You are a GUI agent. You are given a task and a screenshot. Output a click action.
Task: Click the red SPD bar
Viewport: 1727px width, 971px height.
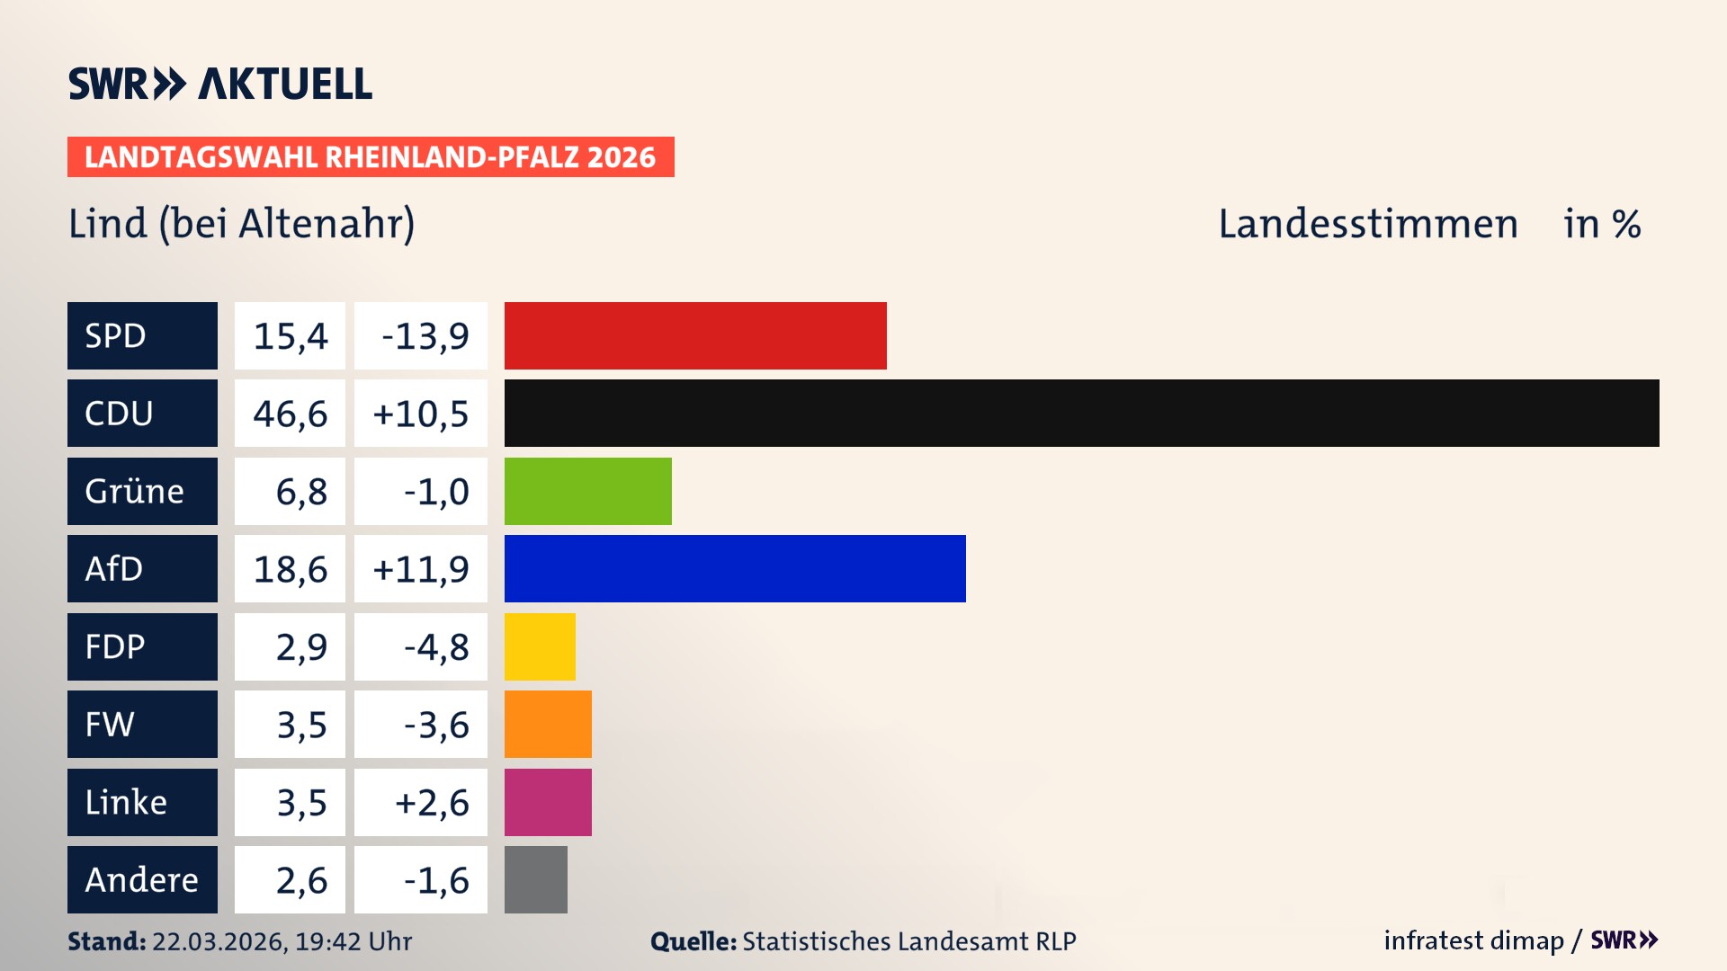[695, 335]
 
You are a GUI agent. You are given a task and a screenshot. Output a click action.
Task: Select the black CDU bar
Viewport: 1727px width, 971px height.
[1081, 413]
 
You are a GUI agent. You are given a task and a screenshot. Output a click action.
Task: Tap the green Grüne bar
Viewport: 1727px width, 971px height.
[587, 491]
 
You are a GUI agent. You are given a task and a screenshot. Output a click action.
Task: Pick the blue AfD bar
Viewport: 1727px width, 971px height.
[735, 568]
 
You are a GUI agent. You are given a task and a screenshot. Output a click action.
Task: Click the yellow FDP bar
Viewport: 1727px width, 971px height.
[540, 646]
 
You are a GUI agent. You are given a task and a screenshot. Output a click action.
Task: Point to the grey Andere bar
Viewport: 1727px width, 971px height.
[536, 879]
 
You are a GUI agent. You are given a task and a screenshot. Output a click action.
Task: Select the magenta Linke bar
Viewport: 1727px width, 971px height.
[548, 802]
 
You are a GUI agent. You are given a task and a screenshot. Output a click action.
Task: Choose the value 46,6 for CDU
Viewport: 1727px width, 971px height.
[290, 414]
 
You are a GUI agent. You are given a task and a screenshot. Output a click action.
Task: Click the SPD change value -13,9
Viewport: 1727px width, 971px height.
[425, 336]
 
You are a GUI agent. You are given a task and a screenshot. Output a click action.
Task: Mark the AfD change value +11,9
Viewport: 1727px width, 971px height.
[421, 569]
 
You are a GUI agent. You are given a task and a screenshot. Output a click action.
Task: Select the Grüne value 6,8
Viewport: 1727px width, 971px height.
[300, 492]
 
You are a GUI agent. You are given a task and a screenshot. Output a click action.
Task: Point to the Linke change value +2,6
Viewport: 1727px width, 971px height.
[432, 803]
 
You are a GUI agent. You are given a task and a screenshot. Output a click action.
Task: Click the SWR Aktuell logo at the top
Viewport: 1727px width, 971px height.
[220, 84]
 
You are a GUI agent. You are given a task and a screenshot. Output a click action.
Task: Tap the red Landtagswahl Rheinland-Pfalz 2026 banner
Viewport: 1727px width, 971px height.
[371, 157]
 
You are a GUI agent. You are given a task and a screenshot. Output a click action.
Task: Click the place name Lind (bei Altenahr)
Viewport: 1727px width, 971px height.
[241, 224]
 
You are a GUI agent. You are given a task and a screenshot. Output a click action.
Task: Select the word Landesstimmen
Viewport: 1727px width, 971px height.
[1367, 224]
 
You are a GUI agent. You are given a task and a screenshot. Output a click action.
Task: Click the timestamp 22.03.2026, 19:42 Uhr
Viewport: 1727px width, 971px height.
[282, 941]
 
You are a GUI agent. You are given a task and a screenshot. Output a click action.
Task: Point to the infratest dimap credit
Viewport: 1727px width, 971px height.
[1473, 940]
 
